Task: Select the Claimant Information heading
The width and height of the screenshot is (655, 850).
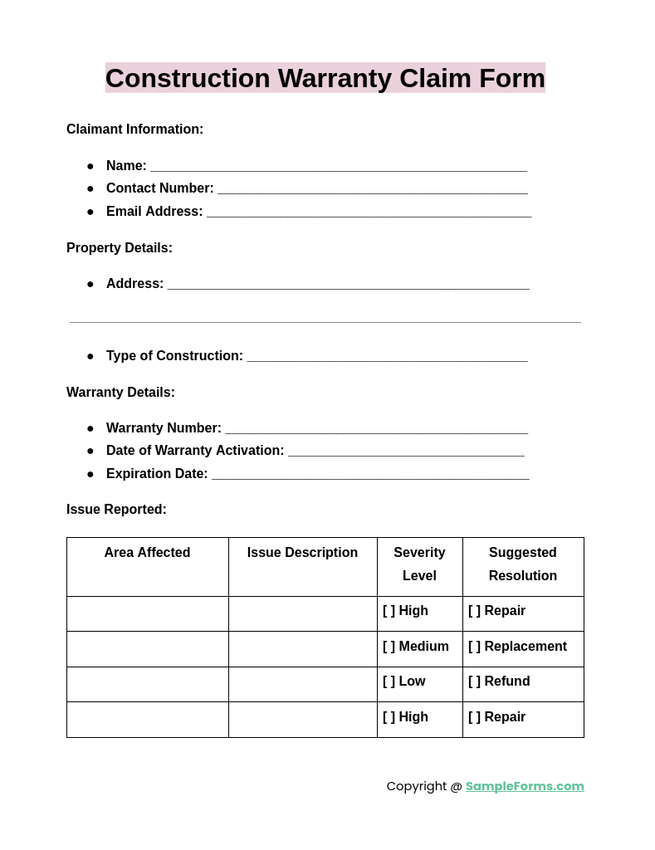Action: tap(134, 129)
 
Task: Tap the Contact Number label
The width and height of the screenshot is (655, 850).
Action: tap(159, 188)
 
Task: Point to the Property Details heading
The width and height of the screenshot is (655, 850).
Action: tap(120, 248)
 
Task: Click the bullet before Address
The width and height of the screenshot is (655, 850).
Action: tap(90, 284)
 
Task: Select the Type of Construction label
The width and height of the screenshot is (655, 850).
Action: tap(174, 356)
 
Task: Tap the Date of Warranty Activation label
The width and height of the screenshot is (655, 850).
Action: tap(195, 451)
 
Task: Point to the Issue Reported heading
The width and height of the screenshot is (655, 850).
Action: tap(116, 510)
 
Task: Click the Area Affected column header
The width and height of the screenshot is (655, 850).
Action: tap(147, 553)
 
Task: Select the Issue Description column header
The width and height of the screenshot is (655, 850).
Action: tap(302, 553)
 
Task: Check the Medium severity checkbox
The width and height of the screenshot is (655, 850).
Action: tap(389, 647)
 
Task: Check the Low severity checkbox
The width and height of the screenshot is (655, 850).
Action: tap(389, 681)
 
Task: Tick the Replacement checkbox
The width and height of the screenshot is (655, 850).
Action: tap(475, 647)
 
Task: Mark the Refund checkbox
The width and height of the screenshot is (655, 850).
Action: tap(475, 681)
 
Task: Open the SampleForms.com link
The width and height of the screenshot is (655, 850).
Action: tap(525, 786)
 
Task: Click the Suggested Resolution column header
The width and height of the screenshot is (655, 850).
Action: tap(523, 564)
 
